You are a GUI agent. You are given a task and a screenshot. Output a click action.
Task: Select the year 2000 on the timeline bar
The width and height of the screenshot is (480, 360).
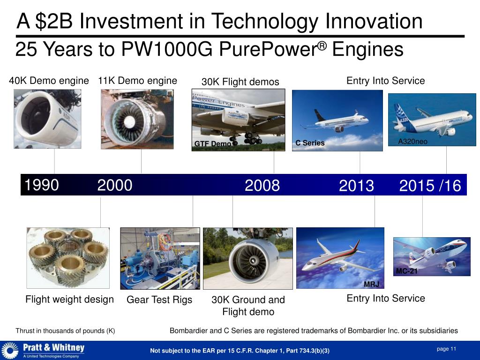coord(115,186)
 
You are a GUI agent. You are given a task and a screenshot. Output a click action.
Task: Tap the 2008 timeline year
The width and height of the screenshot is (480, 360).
coord(262,186)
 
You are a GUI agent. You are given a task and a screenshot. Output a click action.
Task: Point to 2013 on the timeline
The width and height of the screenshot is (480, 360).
coord(356,186)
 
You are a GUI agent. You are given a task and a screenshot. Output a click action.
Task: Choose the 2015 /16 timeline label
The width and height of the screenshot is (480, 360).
coord(430,186)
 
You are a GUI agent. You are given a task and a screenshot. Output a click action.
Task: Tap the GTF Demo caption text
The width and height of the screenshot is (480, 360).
coord(212,144)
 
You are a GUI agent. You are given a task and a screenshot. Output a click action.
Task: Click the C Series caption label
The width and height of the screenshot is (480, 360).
coord(310,143)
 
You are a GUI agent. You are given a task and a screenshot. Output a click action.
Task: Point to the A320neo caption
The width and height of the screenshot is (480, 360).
coord(412,142)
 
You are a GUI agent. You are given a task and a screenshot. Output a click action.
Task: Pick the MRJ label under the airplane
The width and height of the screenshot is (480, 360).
coord(371,285)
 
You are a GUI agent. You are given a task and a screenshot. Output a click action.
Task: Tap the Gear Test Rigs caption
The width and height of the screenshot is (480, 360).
coord(159,300)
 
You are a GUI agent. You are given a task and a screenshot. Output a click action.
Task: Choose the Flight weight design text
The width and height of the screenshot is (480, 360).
coord(69,300)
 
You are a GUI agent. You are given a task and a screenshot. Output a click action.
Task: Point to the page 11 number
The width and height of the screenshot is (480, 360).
coord(446,349)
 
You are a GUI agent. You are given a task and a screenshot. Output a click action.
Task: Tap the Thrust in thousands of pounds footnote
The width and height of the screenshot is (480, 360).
coord(65,331)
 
